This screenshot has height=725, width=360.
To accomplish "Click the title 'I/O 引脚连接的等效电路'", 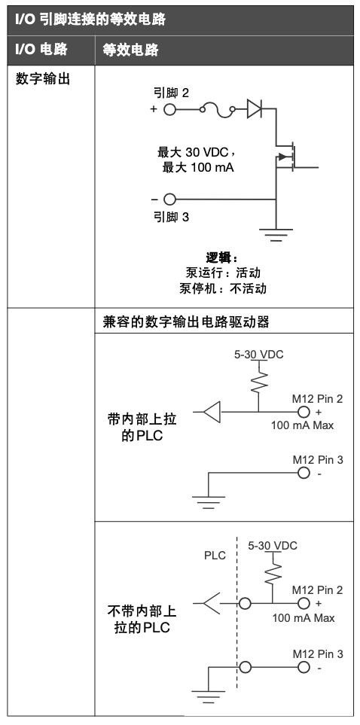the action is coord(90,20).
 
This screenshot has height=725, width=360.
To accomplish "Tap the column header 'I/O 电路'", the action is coord(41,50).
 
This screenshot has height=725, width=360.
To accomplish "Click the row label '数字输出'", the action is coord(43,78).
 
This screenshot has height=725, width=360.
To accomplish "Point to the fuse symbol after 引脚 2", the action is coord(218,110).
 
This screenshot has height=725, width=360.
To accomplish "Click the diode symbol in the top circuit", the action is coord(255,110).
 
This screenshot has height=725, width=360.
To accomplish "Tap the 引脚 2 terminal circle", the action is coord(169,110).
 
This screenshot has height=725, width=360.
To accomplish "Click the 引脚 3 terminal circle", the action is coord(169,200).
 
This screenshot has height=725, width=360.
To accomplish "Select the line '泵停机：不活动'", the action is coord(223,288).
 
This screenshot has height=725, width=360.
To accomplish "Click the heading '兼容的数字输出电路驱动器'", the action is coord(186,321).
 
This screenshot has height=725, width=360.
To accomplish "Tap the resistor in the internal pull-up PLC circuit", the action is coord(258,382).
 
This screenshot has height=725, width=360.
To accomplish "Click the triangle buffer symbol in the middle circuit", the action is coord(212,412).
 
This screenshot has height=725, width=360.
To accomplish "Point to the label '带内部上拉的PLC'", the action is coord(142,427).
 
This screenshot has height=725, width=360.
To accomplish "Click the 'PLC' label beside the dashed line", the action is coord(215,556).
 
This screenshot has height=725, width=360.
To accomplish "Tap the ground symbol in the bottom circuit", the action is coord(207,694).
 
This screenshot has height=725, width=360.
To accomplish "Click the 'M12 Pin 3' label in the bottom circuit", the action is coord(317,653).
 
